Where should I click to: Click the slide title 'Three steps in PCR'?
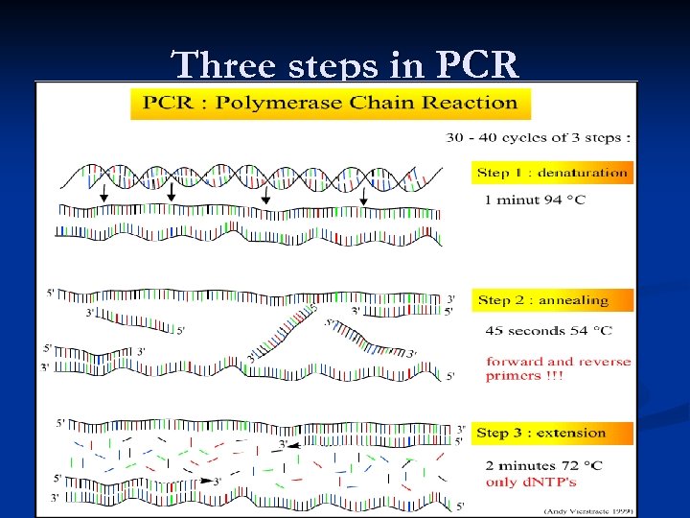click(x=345, y=64)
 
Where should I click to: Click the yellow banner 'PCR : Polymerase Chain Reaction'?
click(x=330, y=103)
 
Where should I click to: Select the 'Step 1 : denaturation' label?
click(x=553, y=174)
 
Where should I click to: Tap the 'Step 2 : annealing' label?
click(x=543, y=300)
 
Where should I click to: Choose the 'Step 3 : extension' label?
click(x=542, y=433)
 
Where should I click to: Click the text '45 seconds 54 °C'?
click(x=549, y=331)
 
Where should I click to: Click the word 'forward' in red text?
click(x=515, y=362)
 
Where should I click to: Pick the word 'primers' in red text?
click(x=514, y=376)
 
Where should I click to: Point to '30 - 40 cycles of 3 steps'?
click(x=539, y=137)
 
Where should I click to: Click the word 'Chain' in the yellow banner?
click(x=375, y=103)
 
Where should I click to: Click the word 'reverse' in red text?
click(x=604, y=362)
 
